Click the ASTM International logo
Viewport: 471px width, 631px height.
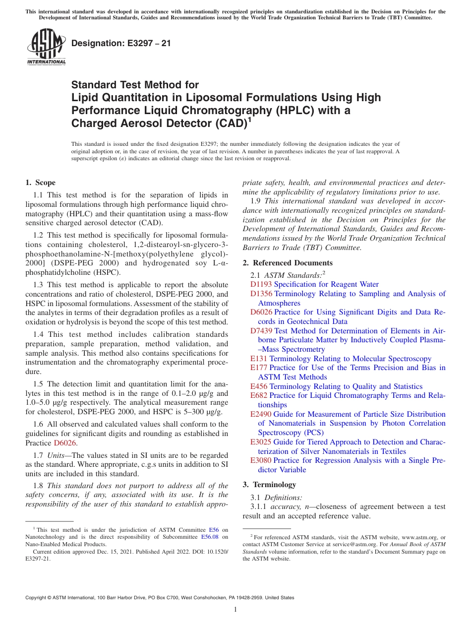pos(46,47)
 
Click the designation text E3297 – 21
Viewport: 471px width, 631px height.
pos(121,43)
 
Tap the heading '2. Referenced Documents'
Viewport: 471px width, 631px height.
pos(288,263)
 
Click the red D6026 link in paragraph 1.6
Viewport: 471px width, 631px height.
pos(65,443)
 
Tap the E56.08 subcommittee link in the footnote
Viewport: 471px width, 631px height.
pos(210,537)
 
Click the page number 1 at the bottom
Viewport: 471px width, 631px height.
pos(235,609)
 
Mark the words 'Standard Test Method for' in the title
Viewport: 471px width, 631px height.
pos(135,85)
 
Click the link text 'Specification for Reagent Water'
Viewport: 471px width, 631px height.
pos(326,284)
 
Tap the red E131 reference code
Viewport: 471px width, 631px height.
pos(259,359)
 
